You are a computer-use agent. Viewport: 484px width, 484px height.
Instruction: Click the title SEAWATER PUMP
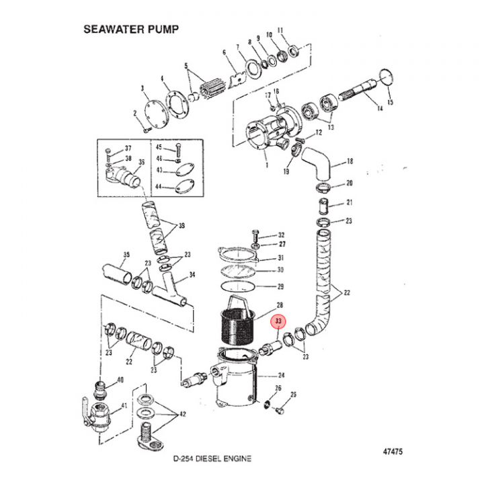pyautogui.click(x=130, y=30)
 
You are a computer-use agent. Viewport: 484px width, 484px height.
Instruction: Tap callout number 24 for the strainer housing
pyautogui.click(x=281, y=376)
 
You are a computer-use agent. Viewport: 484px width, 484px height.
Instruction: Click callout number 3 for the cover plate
pyautogui.click(x=143, y=89)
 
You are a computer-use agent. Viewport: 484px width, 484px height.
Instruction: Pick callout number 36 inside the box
pyautogui.click(x=141, y=162)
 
